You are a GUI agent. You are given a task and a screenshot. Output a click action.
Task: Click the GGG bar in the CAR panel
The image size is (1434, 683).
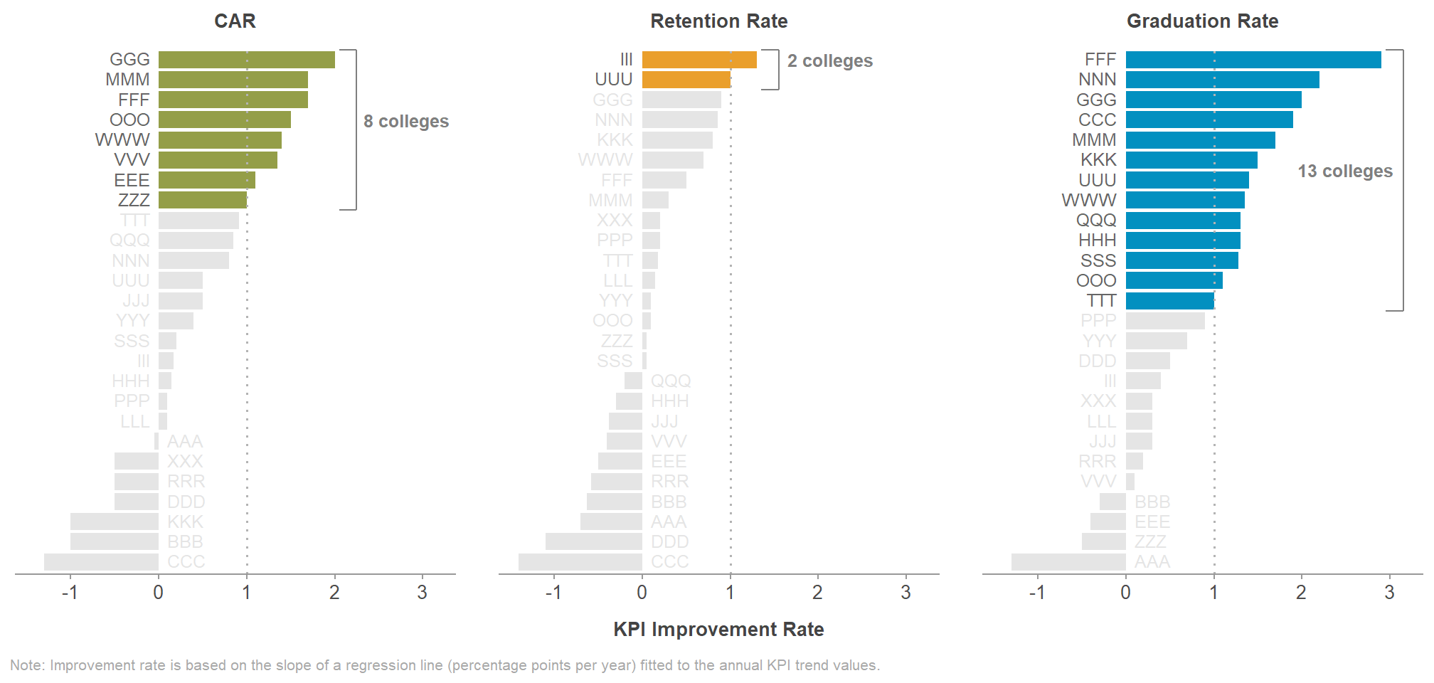pos(246,60)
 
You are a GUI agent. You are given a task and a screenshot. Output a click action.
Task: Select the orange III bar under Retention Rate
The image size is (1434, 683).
pos(699,60)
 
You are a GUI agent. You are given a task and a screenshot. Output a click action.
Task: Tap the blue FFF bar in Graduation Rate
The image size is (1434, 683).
pos(1253,60)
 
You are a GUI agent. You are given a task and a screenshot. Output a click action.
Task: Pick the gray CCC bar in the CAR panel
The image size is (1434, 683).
pos(101,562)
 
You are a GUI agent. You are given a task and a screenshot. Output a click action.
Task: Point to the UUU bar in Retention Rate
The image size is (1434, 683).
pos(686,80)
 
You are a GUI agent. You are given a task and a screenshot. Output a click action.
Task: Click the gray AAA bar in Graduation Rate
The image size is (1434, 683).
pos(1068,562)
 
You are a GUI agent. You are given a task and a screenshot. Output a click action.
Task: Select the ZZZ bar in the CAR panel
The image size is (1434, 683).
pos(203,200)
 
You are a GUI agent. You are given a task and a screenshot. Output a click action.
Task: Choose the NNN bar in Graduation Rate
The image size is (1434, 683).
pos(1222,80)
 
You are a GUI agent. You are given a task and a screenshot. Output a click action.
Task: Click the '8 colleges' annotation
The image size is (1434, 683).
pos(406,122)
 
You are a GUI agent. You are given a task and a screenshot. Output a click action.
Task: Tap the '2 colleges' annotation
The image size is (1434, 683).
pos(829,61)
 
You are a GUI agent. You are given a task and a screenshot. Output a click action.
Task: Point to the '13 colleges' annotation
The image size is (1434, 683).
pos(1344,171)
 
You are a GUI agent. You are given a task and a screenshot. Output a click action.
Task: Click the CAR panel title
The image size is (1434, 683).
pos(235,21)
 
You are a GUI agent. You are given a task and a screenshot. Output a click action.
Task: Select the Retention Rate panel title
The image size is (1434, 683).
pos(718,21)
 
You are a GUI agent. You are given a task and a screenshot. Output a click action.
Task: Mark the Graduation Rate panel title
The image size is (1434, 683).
pos(1202,21)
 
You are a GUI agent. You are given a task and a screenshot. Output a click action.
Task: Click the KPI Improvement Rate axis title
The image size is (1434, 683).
pos(718,630)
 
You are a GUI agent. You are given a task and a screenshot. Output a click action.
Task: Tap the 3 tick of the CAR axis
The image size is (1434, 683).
pos(423,593)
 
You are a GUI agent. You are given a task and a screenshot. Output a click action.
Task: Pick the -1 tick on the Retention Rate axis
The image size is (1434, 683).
pos(553,593)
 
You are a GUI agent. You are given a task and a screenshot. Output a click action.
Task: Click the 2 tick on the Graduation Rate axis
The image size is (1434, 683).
pos(1301,593)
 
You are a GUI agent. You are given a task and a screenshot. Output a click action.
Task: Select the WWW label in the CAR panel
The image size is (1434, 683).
pos(122,140)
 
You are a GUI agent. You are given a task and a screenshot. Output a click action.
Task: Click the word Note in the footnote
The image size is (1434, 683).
pos(27,666)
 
